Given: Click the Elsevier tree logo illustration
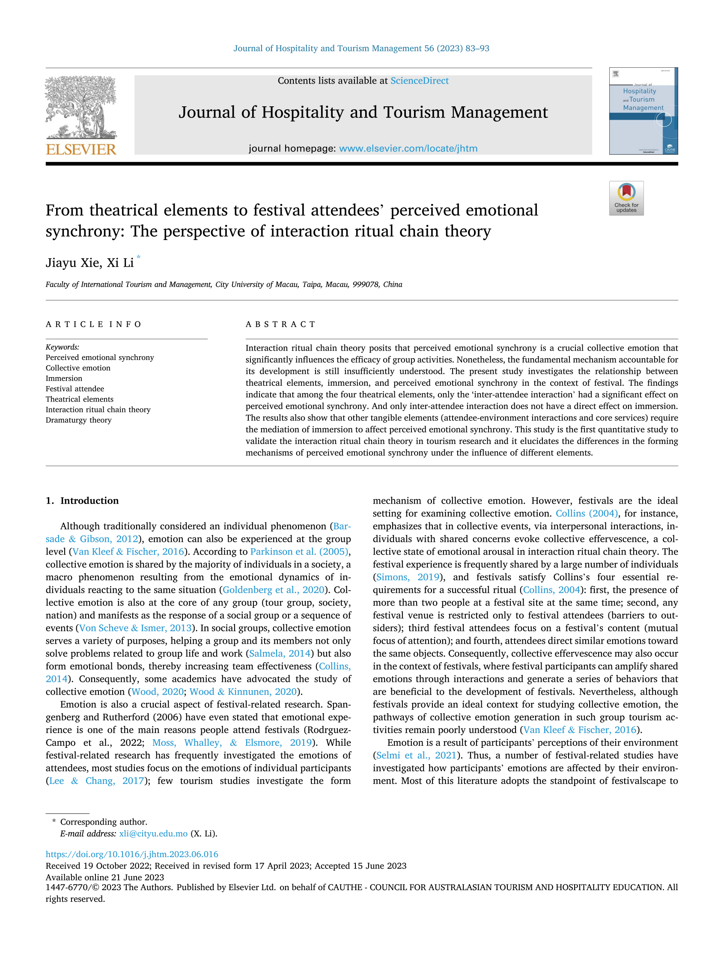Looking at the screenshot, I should (81, 107).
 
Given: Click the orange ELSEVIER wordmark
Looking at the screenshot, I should (81, 149).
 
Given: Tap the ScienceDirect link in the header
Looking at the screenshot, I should (419, 81).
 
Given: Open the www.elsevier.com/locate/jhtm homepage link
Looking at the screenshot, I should (408, 148).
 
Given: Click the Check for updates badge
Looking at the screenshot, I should (626, 198).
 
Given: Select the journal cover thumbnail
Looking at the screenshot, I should (643, 111).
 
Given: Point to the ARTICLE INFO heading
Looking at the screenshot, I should (93, 324).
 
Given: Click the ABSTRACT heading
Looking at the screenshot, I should (280, 324).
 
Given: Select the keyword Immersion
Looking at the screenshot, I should (64, 378).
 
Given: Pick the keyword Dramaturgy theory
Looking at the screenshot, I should (78, 420).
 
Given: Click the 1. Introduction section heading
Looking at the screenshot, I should (82, 501).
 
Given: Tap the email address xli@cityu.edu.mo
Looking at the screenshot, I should (153, 833).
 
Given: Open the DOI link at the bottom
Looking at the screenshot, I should (132, 854).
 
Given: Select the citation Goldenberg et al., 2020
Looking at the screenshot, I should (274, 590).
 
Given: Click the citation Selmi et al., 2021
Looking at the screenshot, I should (416, 755).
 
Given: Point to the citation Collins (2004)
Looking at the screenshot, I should (587, 513).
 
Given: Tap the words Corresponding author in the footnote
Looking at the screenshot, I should (104, 822).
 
